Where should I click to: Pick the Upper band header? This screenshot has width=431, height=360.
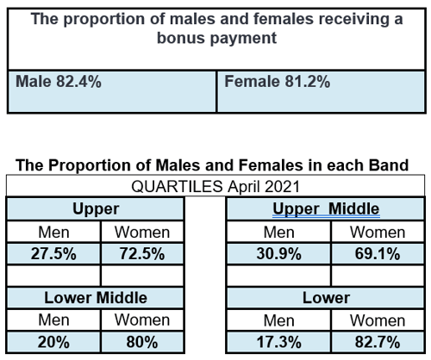click(97, 209)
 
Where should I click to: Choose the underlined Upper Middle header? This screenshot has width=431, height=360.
click(326, 209)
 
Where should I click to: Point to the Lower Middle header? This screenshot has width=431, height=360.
click(97, 298)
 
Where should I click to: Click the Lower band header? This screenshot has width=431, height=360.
click(326, 298)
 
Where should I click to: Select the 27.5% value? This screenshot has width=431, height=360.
click(53, 254)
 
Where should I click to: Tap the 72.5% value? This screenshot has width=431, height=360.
click(142, 254)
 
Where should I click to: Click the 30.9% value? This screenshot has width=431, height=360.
click(279, 254)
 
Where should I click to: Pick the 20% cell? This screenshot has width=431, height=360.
click(53, 342)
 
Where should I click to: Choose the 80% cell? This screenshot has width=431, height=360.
click(142, 342)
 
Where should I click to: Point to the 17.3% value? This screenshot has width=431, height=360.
click(279, 342)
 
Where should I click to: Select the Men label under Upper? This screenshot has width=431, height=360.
click(53, 232)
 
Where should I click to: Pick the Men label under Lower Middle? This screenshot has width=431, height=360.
click(53, 320)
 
